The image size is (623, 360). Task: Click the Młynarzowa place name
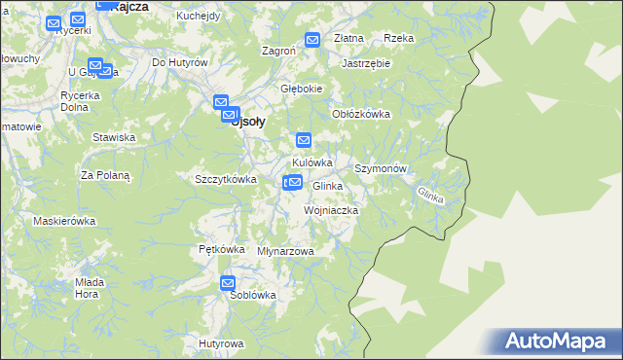tap(285, 251)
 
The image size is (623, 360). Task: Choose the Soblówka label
tap(253, 295)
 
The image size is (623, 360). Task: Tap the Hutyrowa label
tap(220, 343)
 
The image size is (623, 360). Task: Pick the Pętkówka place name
tap(221, 249)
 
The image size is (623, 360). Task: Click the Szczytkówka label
tap(225, 179)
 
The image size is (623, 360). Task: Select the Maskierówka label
tap(64, 221)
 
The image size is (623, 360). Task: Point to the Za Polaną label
tap(105, 175)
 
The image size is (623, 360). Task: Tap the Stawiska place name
tap(114, 137)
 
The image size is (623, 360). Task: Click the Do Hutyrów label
tap(181, 62)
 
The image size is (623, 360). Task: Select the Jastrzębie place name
tap(366, 63)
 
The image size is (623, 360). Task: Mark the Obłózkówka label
tap(361, 114)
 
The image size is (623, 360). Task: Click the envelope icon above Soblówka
tap(228, 283)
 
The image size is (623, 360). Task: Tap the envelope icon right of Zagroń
tap(312, 40)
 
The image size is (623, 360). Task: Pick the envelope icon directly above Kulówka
tap(303, 139)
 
